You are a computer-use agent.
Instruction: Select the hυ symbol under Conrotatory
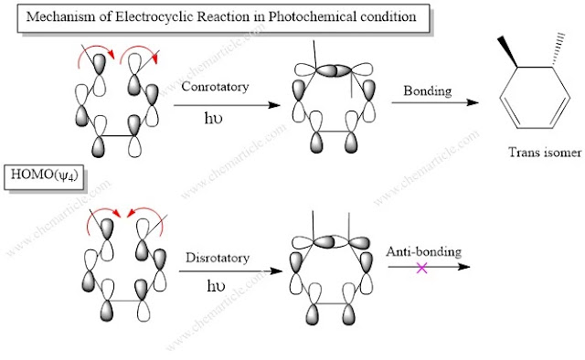pos(218,118)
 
